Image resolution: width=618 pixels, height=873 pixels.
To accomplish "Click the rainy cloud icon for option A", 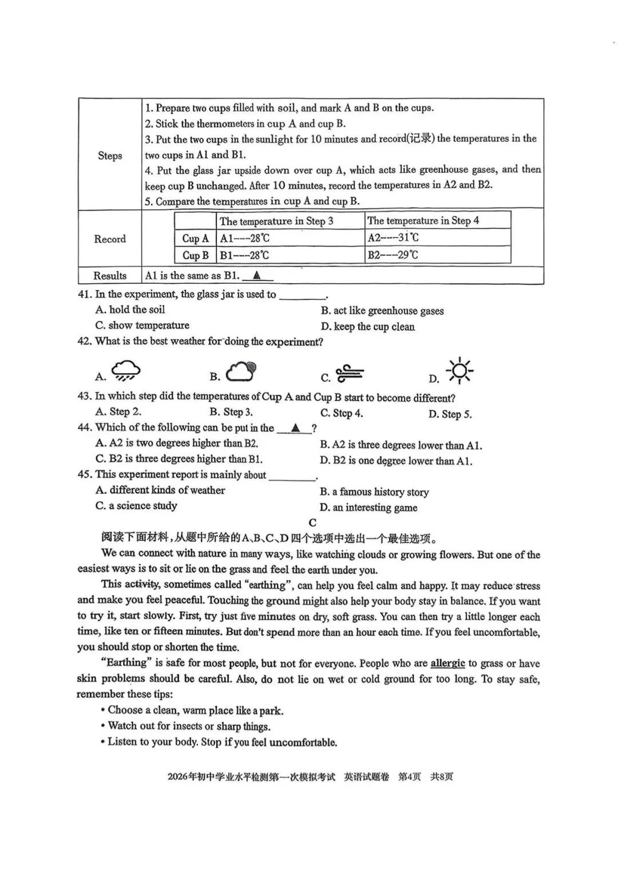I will pyautogui.click(x=126, y=371).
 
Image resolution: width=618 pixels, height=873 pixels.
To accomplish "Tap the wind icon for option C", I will pyautogui.click(x=350, y=373).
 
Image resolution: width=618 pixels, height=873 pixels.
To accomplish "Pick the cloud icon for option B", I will pyautogui.click(x=241, y=371).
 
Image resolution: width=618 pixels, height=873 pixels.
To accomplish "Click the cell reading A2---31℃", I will pyautogui.click(x=393, y=237).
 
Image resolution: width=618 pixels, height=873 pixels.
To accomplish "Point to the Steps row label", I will pyautogui.click(x=110, y=156).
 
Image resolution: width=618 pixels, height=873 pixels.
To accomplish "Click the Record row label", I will pyautogui.click(x=110, y=239).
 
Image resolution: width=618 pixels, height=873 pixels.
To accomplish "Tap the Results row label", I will pyautogui.click(x=110, y=276).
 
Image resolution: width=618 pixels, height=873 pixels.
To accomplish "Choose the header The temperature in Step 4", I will pyautogui.click(x=423, y=221).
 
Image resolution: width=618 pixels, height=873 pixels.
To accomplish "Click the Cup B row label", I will pyautogui.click(x=195, y=255).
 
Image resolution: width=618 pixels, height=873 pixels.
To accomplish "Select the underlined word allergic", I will pyautogui.click(x=447, y=663).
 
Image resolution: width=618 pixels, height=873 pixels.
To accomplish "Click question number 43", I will pyautogui.click(x=85, y=396).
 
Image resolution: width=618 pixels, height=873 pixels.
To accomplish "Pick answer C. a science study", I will pyautogui.click(x=136, y=506).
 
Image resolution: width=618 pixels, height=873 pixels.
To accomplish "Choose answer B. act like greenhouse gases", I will pyautogui.click(x=382, y=311).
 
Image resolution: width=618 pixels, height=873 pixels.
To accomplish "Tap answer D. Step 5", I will pyautogui.click(x=450, y=414).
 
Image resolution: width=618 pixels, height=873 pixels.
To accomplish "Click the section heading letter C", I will pyautogui.click(x=312, y=522).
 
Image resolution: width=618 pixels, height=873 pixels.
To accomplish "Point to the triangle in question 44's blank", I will pyautogui.click(x=295, y=427).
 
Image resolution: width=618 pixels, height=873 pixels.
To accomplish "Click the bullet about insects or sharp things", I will pyautogui.click(x=189, y=726).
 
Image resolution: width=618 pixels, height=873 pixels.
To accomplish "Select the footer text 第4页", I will pyautogui.click(x=409, y=776).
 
